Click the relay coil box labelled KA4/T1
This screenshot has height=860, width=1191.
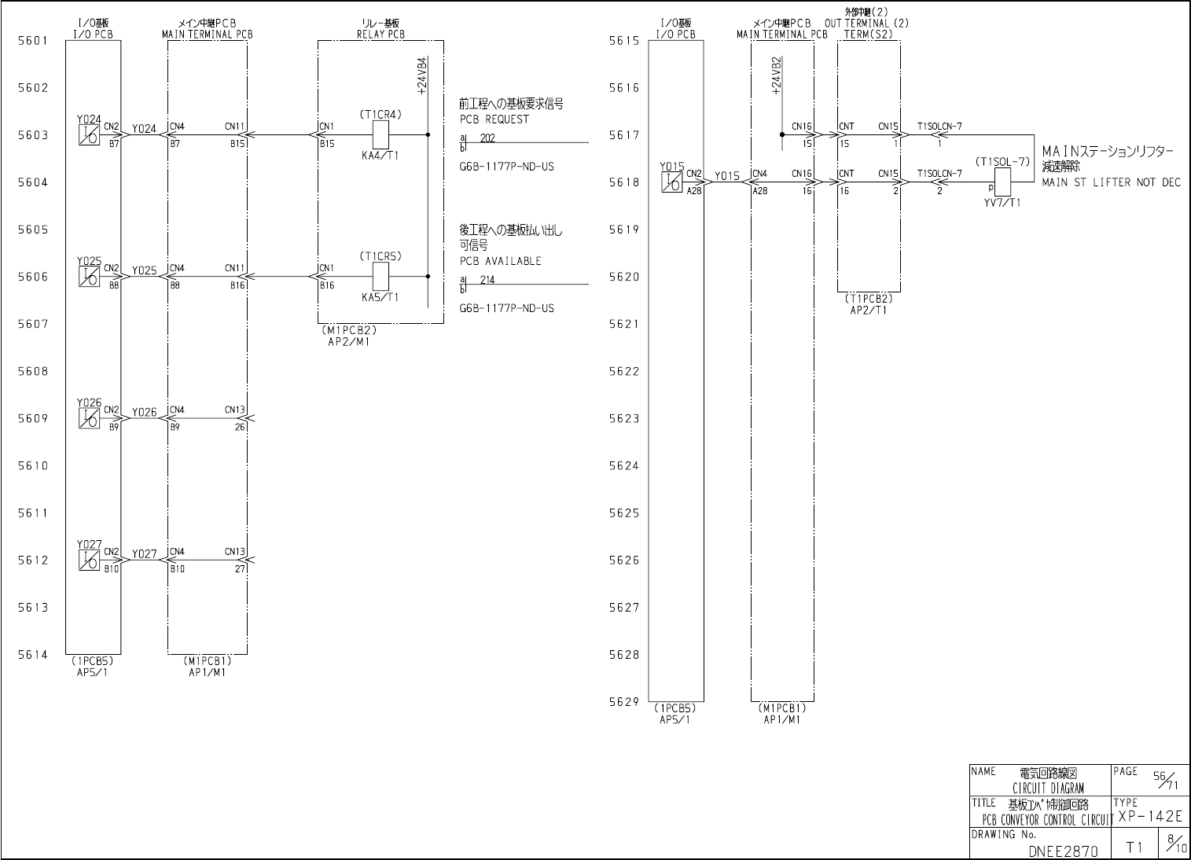[380, 134]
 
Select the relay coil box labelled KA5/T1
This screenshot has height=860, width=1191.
[380, 276]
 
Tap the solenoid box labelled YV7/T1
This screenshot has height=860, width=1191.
[1002, 182]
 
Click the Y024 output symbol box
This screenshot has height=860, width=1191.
[89, 135]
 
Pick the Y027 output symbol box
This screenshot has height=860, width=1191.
[89, 560]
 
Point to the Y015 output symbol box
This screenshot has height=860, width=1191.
[672, 182]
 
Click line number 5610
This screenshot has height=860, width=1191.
[33, 466]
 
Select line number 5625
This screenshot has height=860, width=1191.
[624, 513]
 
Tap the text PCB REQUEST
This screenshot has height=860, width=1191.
[494, 119]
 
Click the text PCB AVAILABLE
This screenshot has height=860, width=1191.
[500, 261]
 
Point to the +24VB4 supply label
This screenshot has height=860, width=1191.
[422, 75]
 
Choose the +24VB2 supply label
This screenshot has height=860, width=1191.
[777, 75]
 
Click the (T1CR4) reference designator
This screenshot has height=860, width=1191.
[380, 115]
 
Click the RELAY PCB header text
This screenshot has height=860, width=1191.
[380, 35]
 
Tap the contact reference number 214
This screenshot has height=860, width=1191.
[487, 281]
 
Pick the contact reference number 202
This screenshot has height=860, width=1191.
[487, 139]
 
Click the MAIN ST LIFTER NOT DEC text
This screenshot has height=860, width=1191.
[1111, 182]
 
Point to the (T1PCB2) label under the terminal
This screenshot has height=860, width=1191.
[869, 299]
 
